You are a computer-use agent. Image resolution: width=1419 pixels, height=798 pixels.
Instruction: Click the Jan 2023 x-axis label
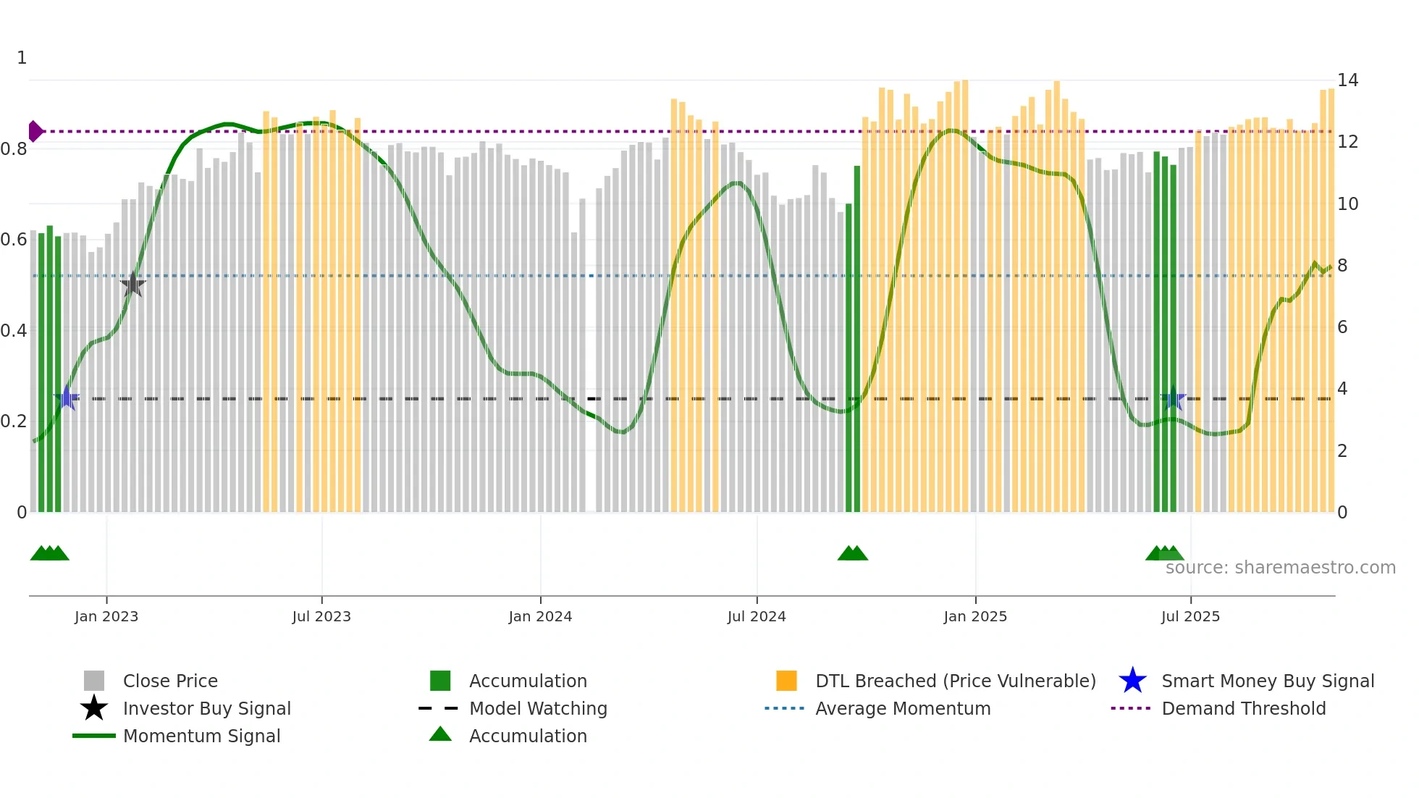106,616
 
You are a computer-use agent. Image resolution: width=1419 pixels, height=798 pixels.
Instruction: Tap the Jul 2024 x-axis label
757,616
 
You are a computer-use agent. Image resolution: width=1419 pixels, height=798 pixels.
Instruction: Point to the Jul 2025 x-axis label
1190,616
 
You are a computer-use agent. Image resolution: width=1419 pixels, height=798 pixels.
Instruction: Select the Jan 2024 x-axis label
540,616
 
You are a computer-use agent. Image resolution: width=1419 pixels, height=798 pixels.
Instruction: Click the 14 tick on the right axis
1347,80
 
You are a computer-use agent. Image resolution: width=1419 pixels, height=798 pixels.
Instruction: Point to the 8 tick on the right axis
1342,266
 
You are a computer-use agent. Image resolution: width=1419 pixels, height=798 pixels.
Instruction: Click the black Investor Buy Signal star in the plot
132,285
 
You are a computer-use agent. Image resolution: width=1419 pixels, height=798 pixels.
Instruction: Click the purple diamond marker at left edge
35,131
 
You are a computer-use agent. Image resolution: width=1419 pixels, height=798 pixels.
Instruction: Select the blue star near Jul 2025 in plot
1174,398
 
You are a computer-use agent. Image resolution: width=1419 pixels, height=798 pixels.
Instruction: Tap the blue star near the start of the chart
67,398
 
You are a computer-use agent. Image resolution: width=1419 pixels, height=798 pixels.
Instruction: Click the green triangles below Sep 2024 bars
852,554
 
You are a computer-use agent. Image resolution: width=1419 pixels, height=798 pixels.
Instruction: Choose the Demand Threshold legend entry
1243,708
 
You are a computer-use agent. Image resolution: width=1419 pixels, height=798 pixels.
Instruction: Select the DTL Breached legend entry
955,681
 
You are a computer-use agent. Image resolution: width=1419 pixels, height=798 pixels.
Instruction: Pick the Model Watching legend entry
537,708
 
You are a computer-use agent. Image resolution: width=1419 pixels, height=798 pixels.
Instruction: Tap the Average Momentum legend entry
902,708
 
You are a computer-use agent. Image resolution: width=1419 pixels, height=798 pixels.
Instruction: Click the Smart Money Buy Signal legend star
1132,681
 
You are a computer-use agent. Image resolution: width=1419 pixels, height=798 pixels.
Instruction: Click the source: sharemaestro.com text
1280,568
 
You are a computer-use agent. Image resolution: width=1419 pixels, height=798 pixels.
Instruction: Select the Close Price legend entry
169,681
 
